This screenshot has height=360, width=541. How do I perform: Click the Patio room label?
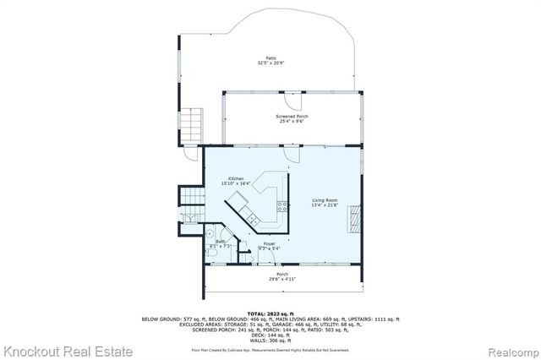pyautogui.click(x=267, y=57)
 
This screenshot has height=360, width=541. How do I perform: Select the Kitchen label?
pyautogui.click(x=235, y=178)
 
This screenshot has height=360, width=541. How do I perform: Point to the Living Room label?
pyautogui.click(x=325, y=199)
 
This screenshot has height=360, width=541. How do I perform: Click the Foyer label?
pyautogui.click(x=270, y=243)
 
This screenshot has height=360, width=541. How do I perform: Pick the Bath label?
pyautogui.click(x=220, y=242)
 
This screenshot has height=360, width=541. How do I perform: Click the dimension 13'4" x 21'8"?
pyautogui.click(x=325, y=205)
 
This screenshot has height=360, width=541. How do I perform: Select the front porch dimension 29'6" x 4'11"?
pyautogui.click(x=282, y=278)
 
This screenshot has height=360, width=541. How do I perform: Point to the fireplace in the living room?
pyautogui.click(x=354, y=221)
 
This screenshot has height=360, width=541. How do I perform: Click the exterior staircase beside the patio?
pyautogui.click(x=194, y=125)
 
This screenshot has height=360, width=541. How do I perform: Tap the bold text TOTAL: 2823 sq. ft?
pyautogui.click(x=270, y=312)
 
